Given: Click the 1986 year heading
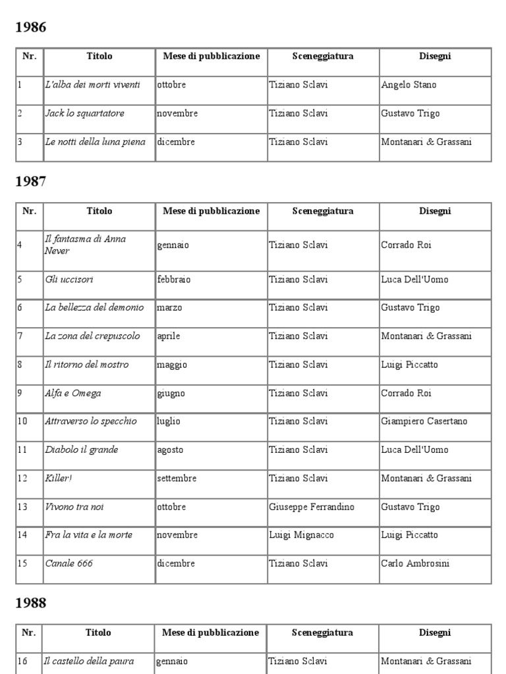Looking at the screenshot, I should (x=31, y=27).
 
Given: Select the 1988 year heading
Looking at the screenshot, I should (x=31, y=603).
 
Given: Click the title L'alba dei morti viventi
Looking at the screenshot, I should (x=92, y=85).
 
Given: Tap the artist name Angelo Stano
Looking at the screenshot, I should (x=408, y=85).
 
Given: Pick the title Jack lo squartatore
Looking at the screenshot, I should (x=84, y=113).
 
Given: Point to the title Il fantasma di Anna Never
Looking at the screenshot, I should (x=85, y=245).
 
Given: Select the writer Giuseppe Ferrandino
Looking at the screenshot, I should (x=312, y=507).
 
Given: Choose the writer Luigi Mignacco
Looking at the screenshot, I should (x=301, y=535).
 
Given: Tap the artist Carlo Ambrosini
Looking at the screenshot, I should (x=416, y=563).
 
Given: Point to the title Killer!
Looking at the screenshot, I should (x=59, y=479).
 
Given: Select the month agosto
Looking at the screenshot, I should (x=170, y=450).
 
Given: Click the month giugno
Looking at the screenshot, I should (x=171, y=394).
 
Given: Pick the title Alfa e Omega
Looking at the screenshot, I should (x=73, y=394).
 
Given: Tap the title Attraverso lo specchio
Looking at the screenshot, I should (x=91, y=421).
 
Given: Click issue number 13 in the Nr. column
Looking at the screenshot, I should (x=23, y=507).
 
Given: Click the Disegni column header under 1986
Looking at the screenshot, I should (x=435, y=57).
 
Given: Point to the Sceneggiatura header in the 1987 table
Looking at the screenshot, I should (x=323, y=211).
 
